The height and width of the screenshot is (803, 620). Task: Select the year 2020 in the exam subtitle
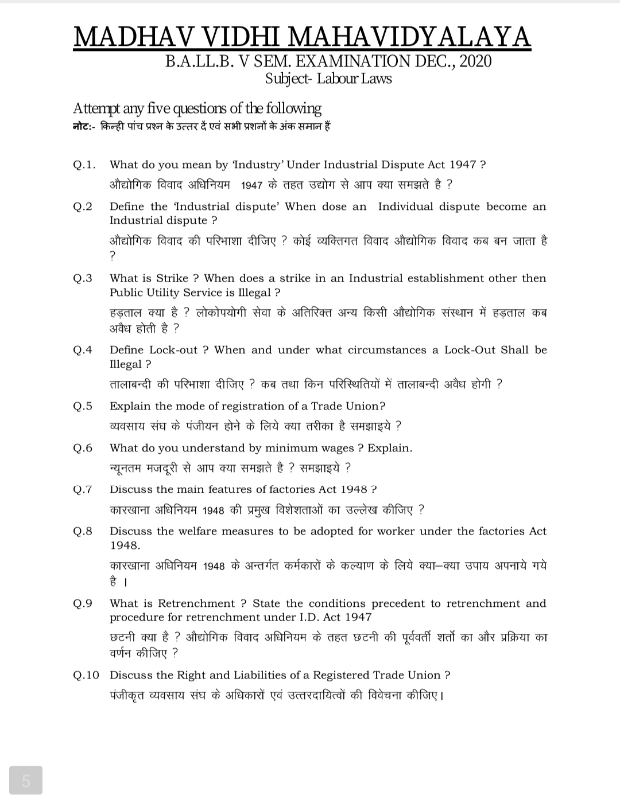pos(475,61)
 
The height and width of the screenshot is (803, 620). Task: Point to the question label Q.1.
pos(84,165)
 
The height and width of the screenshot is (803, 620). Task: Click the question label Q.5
pos(83,407)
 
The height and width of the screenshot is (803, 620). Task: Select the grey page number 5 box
pos(26,780)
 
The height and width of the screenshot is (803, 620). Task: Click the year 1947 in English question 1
pos(463,165)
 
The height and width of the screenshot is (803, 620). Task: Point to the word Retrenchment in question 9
pos(196,603)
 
